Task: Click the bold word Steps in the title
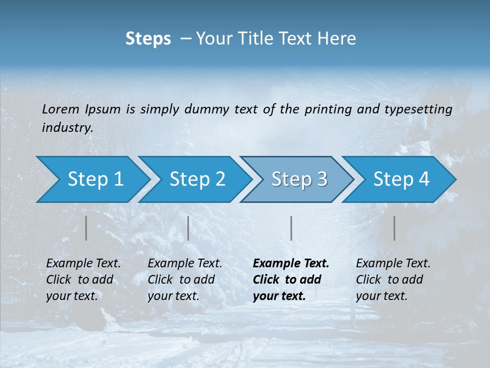pos(148,39)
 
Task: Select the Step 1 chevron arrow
pos(92,179)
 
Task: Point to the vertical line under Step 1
pos(86,228)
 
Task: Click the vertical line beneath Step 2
pos(188,228)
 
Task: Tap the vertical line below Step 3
pos(291,228)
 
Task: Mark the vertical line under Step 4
pos(394,228)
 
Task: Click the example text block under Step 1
pos(83,280)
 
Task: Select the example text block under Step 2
pos(185,280)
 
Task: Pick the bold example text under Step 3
pos(291,280)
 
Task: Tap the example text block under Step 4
pos(393,280)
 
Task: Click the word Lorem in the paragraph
pos(61,109)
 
